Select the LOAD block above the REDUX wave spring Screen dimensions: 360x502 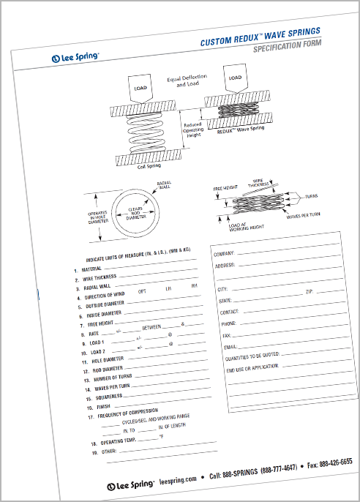point(234,78)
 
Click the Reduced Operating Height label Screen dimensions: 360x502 point(194,130)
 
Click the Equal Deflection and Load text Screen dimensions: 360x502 point(187,81)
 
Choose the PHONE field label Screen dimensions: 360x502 point(228,323)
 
